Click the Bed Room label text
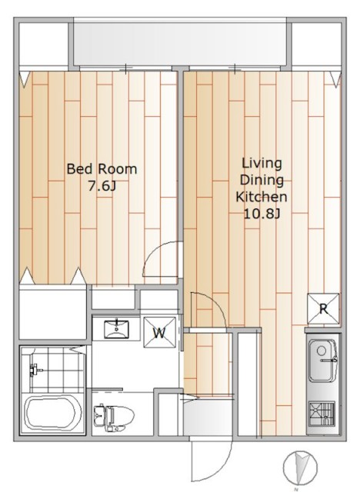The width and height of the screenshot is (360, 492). coord(102,169)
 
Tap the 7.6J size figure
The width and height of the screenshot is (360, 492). coord(102,186)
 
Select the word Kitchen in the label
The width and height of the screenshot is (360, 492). coord(261,197)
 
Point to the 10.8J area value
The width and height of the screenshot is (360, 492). coord(262,214)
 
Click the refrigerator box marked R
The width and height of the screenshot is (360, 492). coord(323,309)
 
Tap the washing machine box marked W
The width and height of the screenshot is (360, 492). coord(160,333)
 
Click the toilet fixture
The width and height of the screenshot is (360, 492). coord(114,417)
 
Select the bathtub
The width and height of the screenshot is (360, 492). coord(53,414)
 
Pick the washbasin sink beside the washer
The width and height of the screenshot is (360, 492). coord(116,329)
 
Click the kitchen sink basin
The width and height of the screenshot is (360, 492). coord(322,361)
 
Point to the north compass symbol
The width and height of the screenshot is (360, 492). coord(300,467)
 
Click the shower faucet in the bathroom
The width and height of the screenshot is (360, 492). coord(35,370)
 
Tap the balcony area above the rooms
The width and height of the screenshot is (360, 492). coord(181,43)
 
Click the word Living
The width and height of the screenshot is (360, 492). coord(262,164)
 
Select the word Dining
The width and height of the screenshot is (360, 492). coord(262,180)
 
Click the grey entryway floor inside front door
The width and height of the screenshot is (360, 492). coord(208,417)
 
